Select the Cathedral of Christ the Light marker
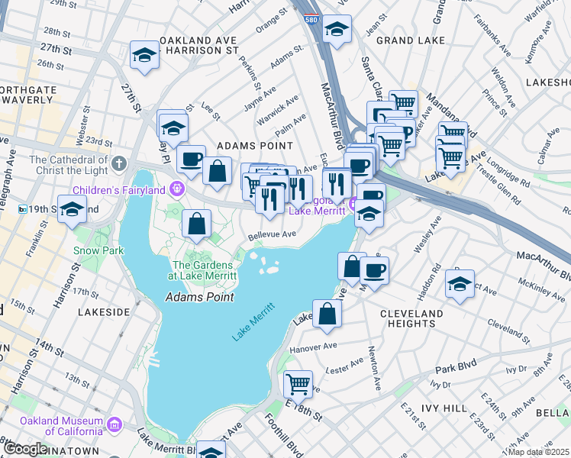click(118, 163)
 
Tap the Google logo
click(25, 449)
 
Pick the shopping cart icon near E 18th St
click(297, 382)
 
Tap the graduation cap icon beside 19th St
click(72, 208)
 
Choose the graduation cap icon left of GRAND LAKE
click(334, 30)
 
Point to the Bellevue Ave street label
click(271, 234)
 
